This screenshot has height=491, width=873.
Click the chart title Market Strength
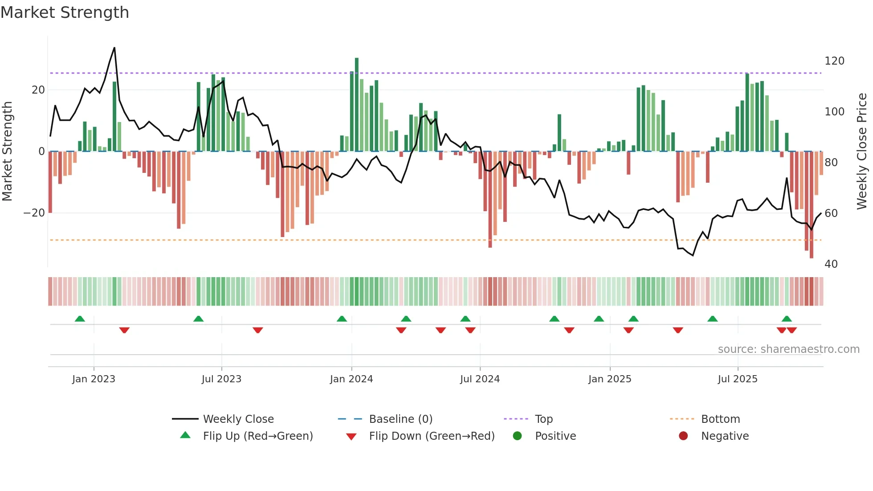tap(65, 12)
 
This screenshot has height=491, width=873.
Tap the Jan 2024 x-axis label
tap(351, 379)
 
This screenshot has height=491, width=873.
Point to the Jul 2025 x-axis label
tap(737, 379)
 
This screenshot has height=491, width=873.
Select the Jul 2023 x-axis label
tap(221, 379)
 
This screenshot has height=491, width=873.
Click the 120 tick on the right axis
tap(834, 61)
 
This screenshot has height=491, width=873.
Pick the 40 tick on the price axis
tap(831, 264)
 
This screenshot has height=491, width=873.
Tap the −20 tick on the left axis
tap(34, 213)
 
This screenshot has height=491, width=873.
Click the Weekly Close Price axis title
tap(862, 151)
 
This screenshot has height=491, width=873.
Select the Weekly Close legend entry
tap(238, 419)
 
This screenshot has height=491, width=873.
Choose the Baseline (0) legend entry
tap(400, 419)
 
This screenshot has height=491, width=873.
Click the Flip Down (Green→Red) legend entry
tap(431, 436)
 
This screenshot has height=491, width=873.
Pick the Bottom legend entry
tap(720, 419)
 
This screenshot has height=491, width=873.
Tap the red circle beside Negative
tap(683, 436)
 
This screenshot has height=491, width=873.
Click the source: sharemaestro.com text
tap(788, 349)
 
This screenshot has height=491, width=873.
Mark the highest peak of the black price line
tap(114, 48)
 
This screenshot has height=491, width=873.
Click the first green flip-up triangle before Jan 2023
tap(80, 319)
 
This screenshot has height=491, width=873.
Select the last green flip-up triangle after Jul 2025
tap(787, 319)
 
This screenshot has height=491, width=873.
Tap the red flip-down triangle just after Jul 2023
tap(257, 330)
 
